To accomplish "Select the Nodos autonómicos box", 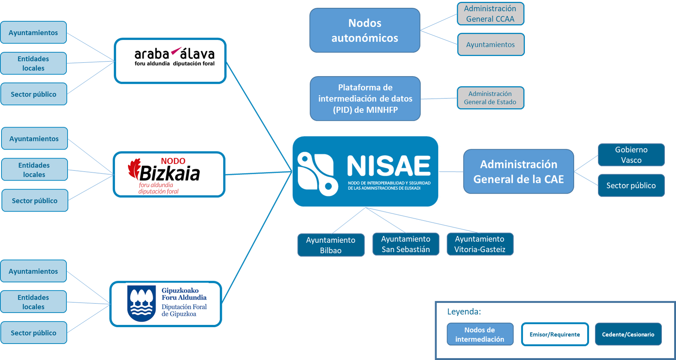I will click(x=364, y=31).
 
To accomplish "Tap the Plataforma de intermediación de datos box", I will click(x=365, y=98).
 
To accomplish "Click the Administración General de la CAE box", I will click(x=518, y=172).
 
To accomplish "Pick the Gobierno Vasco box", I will click(x=631, y=155).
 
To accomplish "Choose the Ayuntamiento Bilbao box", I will click(x=331, y=245).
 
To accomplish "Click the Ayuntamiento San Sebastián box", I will click(x=406, y=244).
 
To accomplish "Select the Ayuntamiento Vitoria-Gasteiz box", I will click(x=480, y=244).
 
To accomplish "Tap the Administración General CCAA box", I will click(x=490, y=14).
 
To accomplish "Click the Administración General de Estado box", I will click(x=490, y=98).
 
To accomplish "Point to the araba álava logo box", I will click(x=170, y=61).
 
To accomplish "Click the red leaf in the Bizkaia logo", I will click(x=134, y=168).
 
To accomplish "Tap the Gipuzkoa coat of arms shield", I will click(x=141, y=303).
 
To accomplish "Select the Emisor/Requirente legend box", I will click(x=554, y=334).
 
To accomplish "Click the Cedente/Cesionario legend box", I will click(x=628, y=334).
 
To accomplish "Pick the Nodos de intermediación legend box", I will click(x=480, y=334).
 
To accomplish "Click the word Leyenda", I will click(x=464, y=312).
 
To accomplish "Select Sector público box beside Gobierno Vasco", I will click(x=631, y=185).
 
